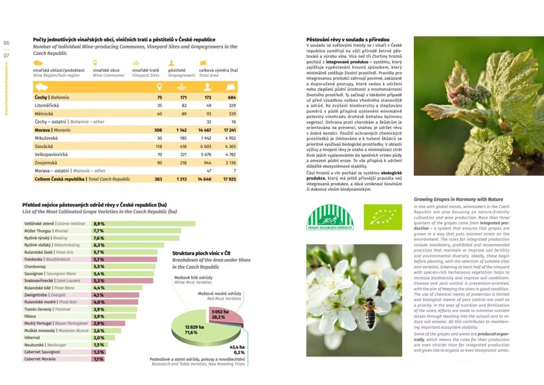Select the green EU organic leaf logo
383,217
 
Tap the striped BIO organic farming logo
330,217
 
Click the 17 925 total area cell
229,179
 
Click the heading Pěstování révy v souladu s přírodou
348,40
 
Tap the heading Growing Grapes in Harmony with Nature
458,199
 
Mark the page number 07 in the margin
6,55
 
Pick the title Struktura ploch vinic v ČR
201,253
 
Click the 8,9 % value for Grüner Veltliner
99,224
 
